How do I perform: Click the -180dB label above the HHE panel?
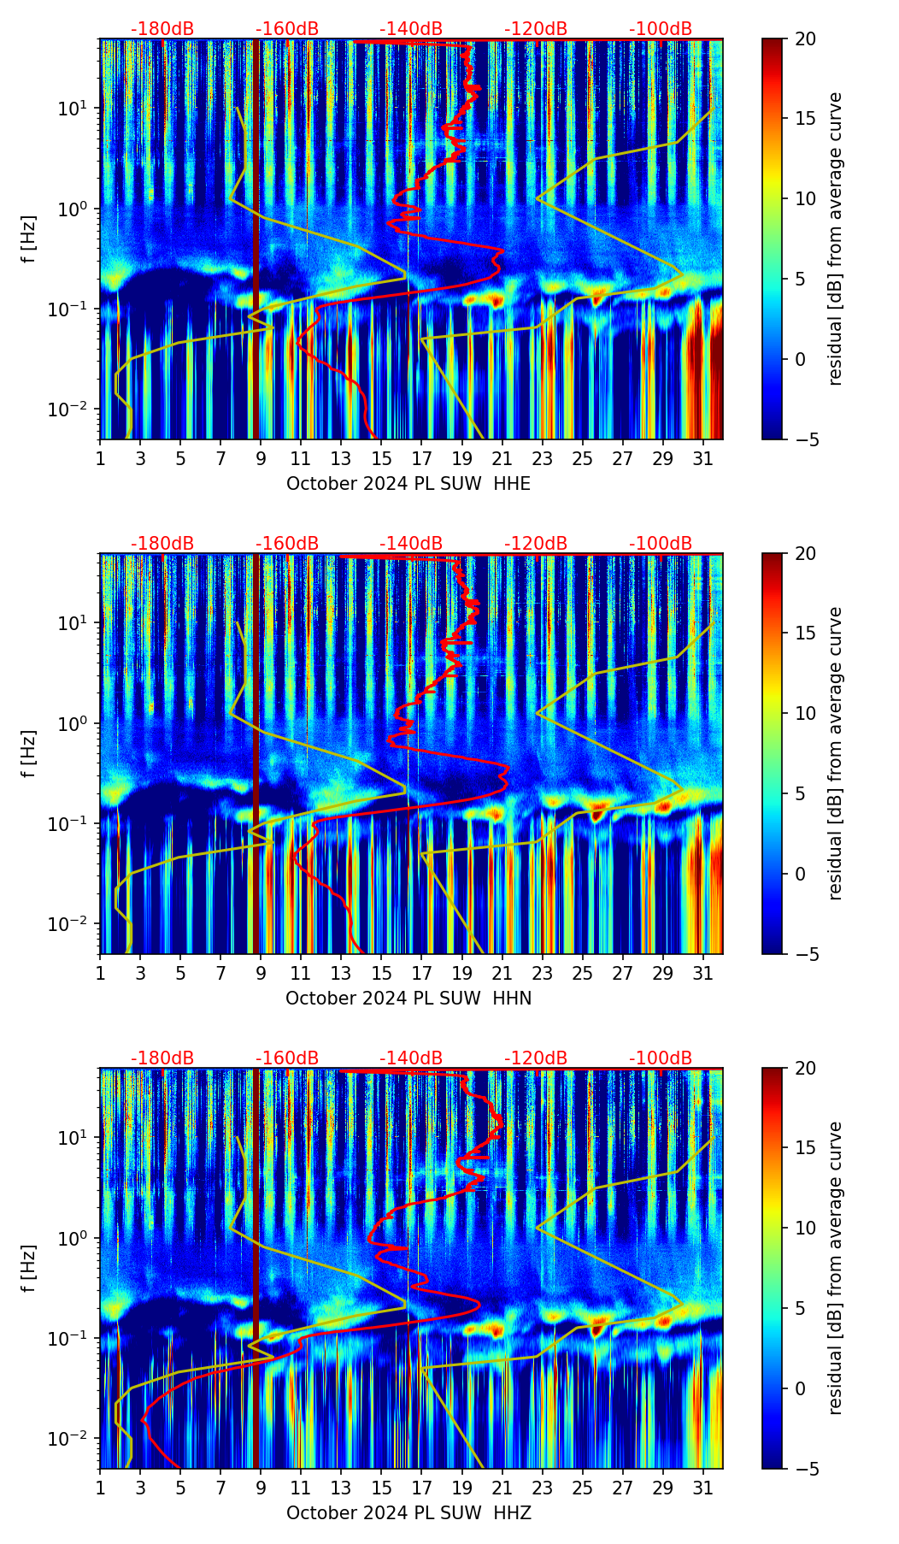[162, 29]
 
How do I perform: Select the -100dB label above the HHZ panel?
[661, 1058]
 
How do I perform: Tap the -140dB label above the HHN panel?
[411, 544]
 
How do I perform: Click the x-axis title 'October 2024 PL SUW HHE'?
[408, 484]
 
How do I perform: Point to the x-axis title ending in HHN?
[408, 999]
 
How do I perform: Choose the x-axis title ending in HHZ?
[408, 1513]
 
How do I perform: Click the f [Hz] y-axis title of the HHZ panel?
[30, 1269]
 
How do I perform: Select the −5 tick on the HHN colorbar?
[804, 954]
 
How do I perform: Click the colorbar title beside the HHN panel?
[836, 753]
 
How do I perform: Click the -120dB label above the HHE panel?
[536, 29]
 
